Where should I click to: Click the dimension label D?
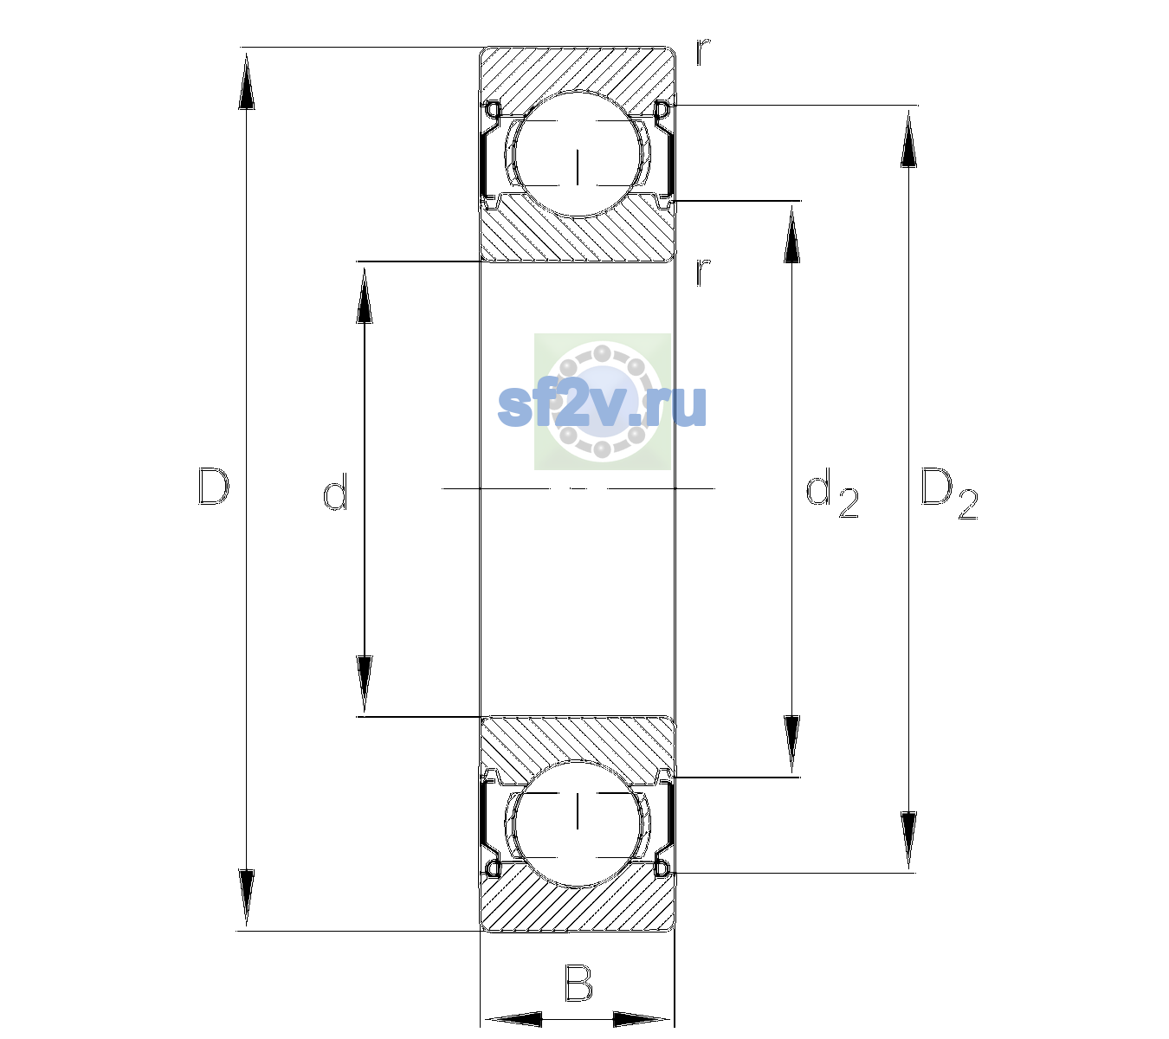tap(214, 487)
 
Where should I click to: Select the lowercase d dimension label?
tap(335, 492)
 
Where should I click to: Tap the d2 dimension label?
tap(831, 493)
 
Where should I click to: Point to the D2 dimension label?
tap(948, 494)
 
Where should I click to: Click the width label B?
tap(578, 982)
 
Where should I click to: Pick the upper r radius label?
tap(703, 52)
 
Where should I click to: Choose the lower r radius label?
tap(703, 272)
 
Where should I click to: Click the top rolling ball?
tap(578, 154)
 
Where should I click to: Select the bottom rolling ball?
tap(578, 823)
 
